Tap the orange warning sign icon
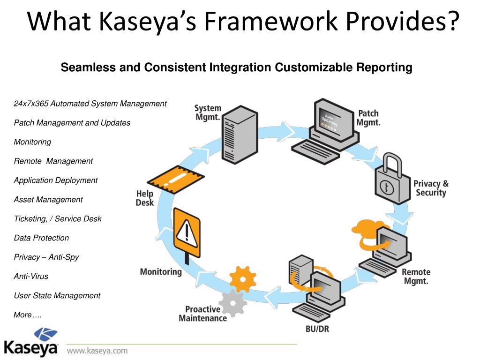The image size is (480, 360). click(x=187, y=232)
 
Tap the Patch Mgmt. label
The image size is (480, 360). click(x=368, y=118)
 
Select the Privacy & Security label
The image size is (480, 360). click(x=431, y=187)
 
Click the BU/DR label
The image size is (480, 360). click(x=317, y=329)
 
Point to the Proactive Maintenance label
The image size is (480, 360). click(x=202, y=314)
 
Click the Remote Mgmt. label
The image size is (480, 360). click(x=416, y=277)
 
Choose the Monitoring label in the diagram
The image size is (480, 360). click(x=161, y=271)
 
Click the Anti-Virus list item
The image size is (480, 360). click(x=31, y=276)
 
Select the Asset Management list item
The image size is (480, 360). click(x=48, y=199)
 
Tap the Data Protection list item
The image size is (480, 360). click(x=41, y=238)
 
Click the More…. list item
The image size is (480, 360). click(x=28, y=315)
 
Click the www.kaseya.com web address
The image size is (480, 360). click(x=97, y=350)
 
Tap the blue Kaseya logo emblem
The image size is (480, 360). click(x=45, y=336)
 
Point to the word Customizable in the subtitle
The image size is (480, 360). click(x=314, y=67)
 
